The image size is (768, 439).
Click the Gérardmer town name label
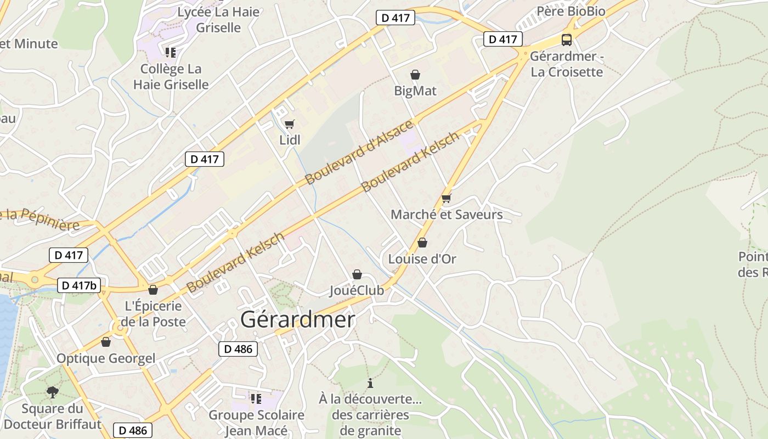tap(297, 319)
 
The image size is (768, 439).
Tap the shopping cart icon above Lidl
tap(290, 125)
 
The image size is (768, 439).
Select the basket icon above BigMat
tap(415, 75)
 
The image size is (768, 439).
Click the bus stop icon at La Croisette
tap(567, 40)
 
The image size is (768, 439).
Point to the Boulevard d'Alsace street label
tap(359, 153)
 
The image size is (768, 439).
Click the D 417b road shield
tap(79, 285)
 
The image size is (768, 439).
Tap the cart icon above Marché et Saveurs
tap(446, 198)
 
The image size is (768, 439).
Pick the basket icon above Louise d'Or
tap(422, 243)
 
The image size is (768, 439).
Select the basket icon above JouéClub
tap(357, 274)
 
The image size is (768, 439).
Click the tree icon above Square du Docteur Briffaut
tap(53, 392)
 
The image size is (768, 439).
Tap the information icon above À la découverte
tap(370, 383)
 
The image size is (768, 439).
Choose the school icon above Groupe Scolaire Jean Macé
tap(256, 398)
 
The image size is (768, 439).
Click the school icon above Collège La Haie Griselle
tap(171, 53)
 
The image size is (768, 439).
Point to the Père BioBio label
tap(571, 11)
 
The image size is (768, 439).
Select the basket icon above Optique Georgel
tap(106, 342)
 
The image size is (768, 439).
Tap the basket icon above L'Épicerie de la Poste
tap(153, 290)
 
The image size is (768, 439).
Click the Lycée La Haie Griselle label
tap(218, 19)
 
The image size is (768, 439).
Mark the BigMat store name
tap(415, 91)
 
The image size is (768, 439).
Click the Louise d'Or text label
tap(422, 259)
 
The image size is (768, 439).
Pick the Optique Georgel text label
tap(106, 359)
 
